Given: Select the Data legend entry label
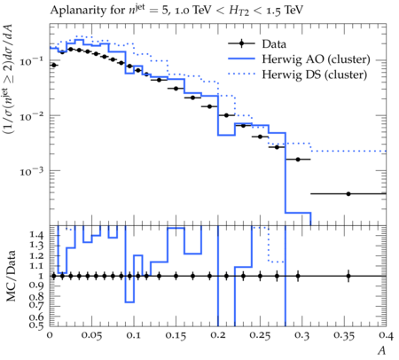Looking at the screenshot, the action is coord(274,44).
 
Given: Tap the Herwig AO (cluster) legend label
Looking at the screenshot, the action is coord(316,59).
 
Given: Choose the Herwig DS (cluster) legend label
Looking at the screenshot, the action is coord(315,74).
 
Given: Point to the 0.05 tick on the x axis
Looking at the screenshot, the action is coord(91,335).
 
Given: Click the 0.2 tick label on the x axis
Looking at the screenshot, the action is coord(218,335).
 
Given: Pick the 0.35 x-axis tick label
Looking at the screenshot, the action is coord(344,335).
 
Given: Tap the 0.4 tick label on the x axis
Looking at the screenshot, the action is coord(386,335).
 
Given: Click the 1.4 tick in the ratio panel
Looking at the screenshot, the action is coord(36,235).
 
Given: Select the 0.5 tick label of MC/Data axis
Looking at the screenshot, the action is coord(36,325).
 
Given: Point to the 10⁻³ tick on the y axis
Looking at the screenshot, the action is coord(31,170).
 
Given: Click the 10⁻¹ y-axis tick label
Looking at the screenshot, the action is coord(31,60).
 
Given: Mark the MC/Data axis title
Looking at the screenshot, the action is coord(11,276).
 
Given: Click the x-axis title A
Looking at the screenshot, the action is coord(382,350).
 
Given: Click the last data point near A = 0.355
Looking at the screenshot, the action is coord(348,194).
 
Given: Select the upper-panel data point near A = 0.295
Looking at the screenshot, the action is coord(298,160).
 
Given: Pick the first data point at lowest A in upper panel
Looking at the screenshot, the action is coord(54,65).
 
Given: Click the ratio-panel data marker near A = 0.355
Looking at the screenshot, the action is coord(348,277).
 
